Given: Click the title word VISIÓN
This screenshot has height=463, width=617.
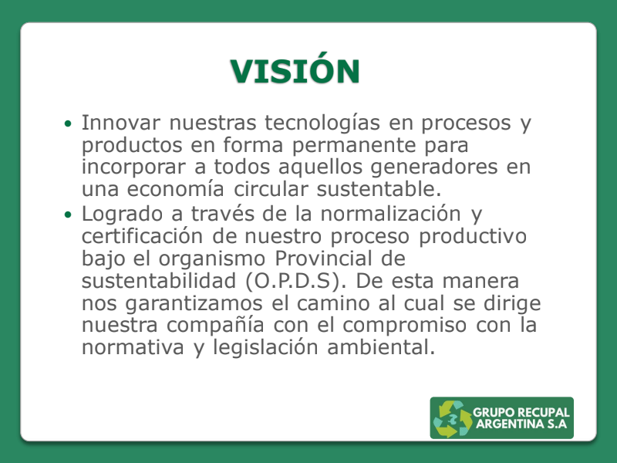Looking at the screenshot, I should pos(295,71).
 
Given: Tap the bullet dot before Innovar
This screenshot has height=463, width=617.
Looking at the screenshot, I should pos(69,123).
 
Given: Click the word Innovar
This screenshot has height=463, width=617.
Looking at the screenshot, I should pos(120,123).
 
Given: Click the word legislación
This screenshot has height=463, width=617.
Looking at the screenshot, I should pos(286,346).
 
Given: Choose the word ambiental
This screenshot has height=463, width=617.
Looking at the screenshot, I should pos(386,346).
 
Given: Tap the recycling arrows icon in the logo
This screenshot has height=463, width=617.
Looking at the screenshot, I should pos(452,418).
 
